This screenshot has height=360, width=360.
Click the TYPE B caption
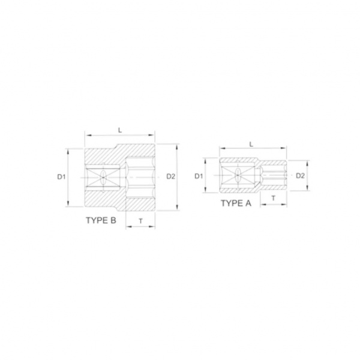pos(101,220)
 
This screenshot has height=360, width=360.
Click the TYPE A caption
pos(236,203)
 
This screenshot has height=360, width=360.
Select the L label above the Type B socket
pos(120,130)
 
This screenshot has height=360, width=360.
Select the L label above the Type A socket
pos(251,144)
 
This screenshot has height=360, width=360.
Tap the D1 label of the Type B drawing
pos(61,177)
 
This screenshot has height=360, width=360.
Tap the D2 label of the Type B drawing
pos(171,176)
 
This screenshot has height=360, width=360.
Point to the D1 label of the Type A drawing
pos(199,176)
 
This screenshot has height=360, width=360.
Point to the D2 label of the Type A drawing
pos(301,176)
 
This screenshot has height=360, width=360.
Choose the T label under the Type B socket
pos(141,221)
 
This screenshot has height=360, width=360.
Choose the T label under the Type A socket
pos(273,198)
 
